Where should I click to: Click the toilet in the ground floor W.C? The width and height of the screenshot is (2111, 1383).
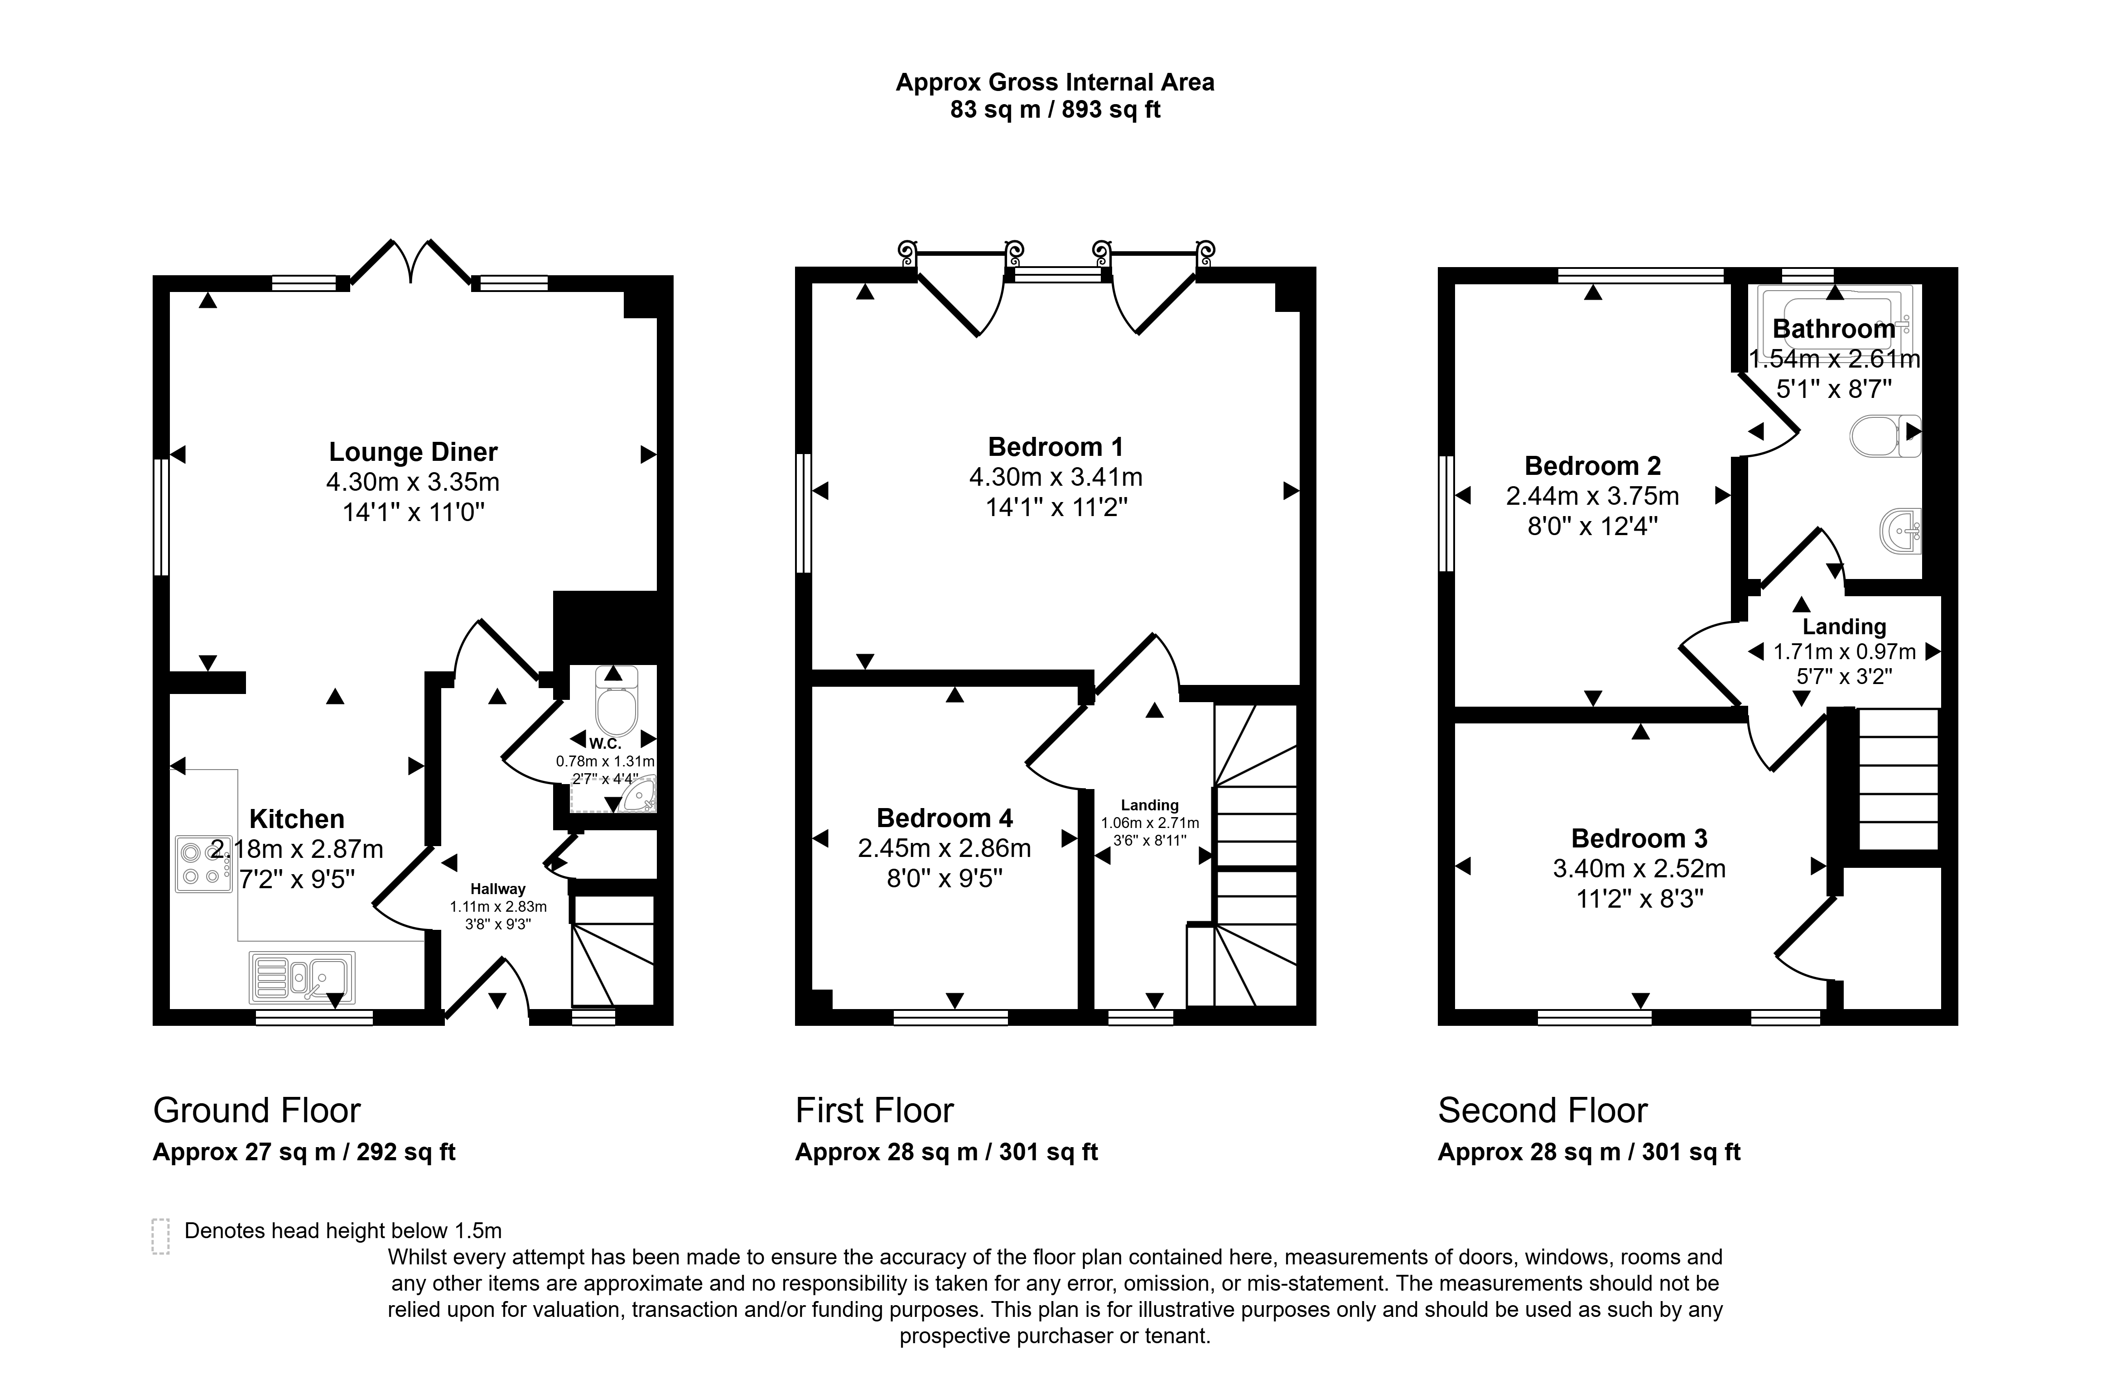(617, 700)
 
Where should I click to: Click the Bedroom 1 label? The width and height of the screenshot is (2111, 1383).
(1055, 447)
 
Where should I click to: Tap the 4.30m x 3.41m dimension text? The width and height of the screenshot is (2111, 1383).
(1055, 477)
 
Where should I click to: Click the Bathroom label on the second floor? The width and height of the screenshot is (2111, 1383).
(1833, 329)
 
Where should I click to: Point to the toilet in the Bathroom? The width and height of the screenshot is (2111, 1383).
(1885, 435)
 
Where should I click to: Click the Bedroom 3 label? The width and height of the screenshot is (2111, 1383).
(1639, 838)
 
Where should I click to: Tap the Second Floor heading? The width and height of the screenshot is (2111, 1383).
(1542, 1110)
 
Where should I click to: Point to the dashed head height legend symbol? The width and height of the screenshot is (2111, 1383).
(160, 1236)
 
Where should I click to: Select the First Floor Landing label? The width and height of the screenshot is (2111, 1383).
(1150, 805)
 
